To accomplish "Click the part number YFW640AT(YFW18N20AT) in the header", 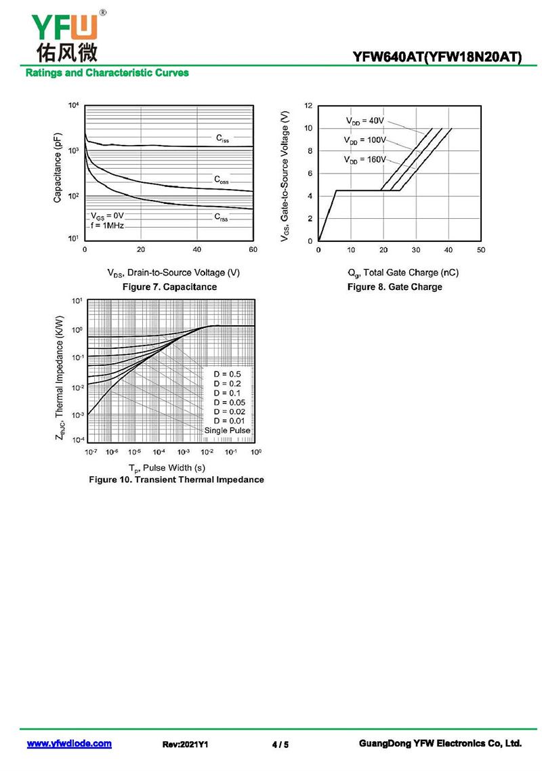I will click(x=437, y=58).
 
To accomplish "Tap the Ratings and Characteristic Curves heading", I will click(x=107, y=72).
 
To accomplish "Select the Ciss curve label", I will click(x=222, y=138).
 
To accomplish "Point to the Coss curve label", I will click(x=222, y=180).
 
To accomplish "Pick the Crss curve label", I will click(x=222, y=217).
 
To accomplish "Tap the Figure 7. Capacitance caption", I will click(x=169, y=287).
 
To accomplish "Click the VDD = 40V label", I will click(x=364, y=121).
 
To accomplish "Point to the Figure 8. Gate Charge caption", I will click(x=394, y=287).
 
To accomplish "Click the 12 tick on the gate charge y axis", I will click(x=308, y=106).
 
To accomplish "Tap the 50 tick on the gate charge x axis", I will click(x=480, y=251).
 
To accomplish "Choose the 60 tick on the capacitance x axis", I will click(x=253, y=249).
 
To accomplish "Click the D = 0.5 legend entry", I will click(x=228, y=374).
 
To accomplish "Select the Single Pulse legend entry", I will click(x=227, y=431).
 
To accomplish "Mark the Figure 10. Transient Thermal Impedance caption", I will click(x=176, y=480).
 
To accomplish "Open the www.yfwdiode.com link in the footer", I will click(x=69, y=744).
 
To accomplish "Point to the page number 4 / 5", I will click(x=280, y=745).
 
